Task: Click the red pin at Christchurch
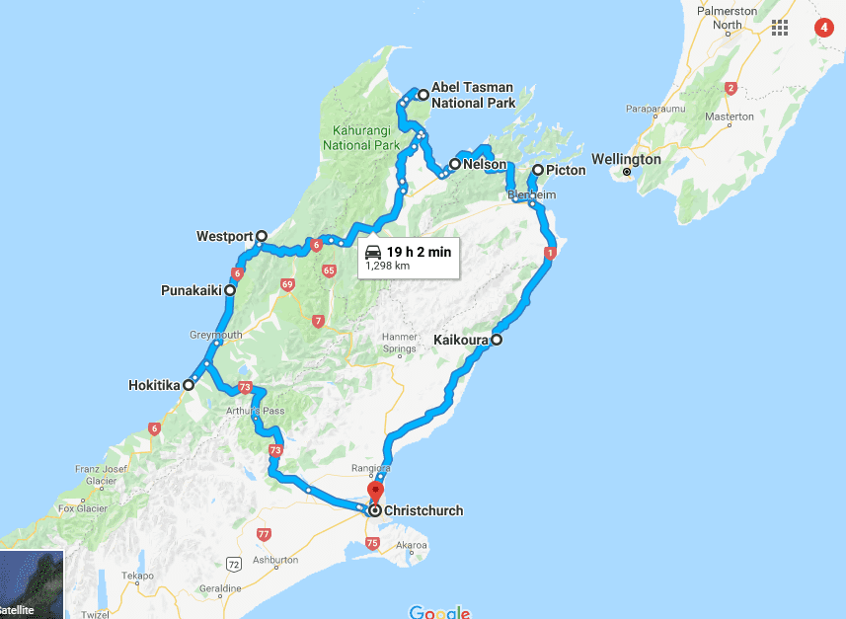coord(375,492)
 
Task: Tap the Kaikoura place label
coord(461,340)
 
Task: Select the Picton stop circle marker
coord(538,171)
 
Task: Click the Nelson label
coord(485,165)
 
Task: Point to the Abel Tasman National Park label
coord(473,96)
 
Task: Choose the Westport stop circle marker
coord(262,236)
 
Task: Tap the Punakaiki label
coord(192,291)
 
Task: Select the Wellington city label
coord(626,159)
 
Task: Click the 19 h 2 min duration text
coord(419,252)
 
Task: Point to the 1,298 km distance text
coord(387,266)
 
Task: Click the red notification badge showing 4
coord(824,27)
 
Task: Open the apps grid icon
coord(781,27)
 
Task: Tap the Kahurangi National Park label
coord(361,138)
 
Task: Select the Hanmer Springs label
coord(400,343)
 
